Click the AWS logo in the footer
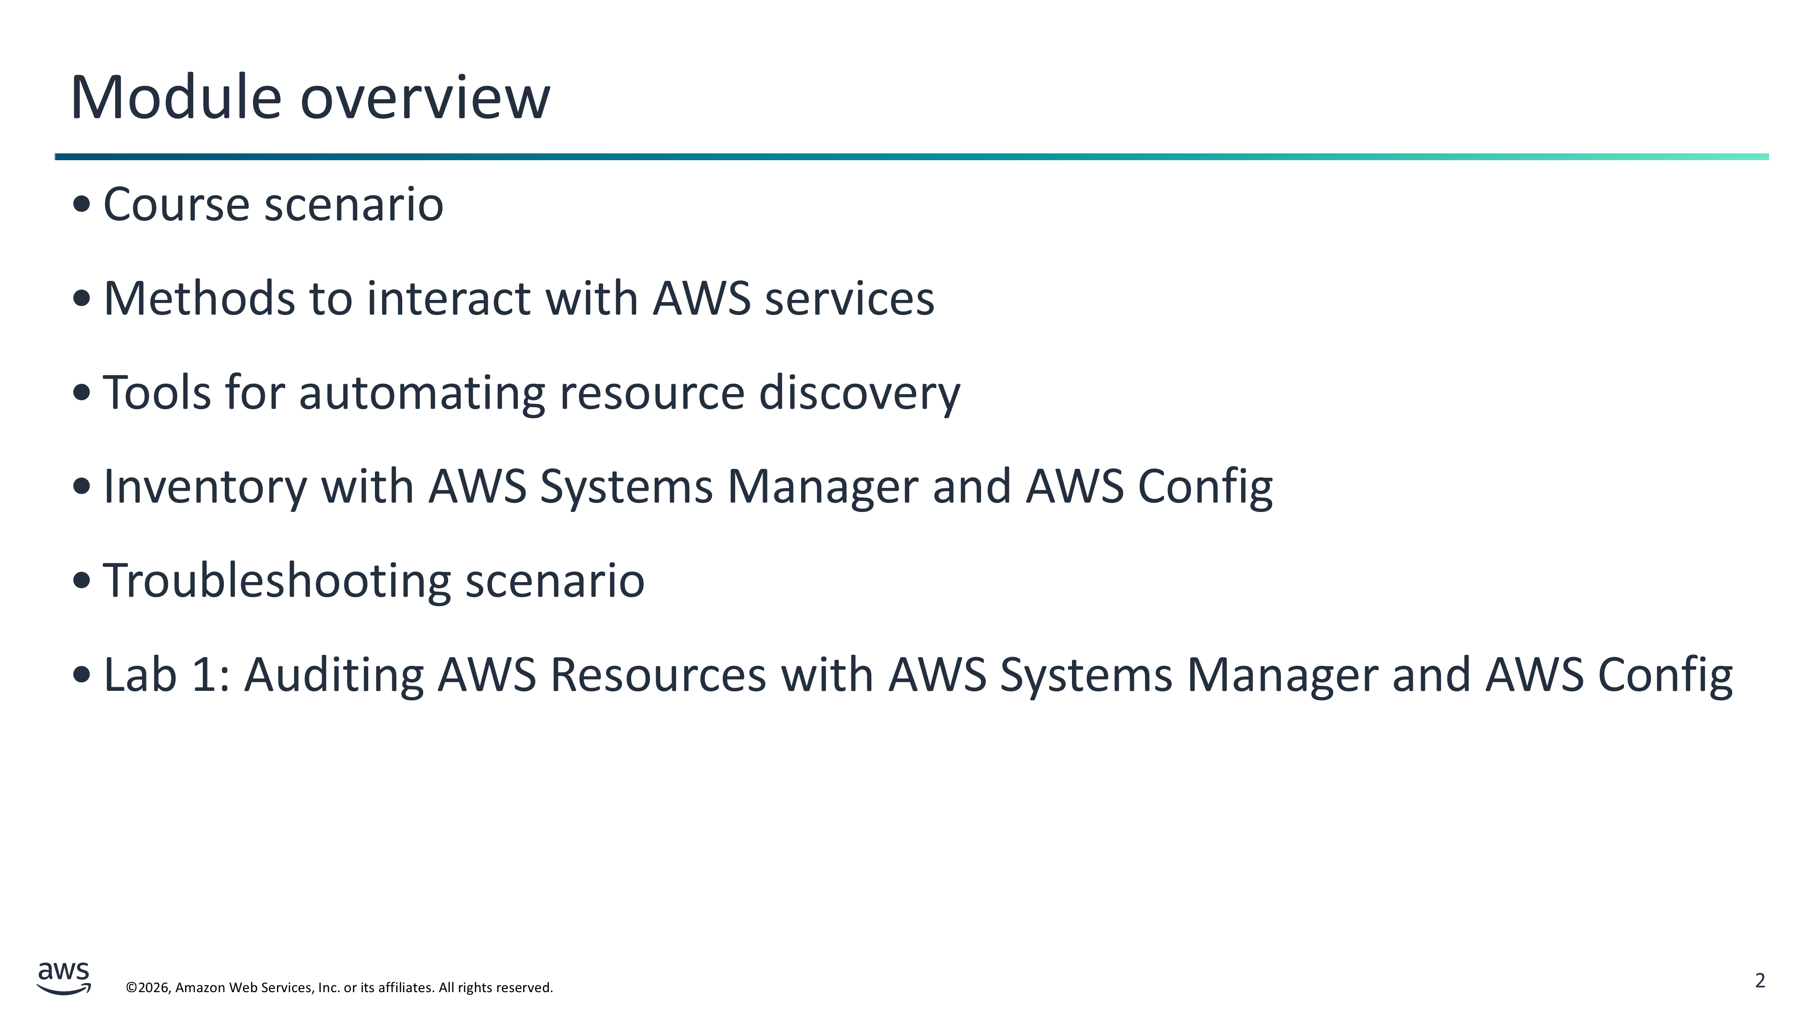pyautogui.click(x=64, y=978)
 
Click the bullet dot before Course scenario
pyautogui.click(x=82, y=204)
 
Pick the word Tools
pyautogui.click(x=157, y=392)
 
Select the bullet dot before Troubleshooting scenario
pyautogui.click(x=82, y=581)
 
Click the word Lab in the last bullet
pyautogui.click(x=140, y=674)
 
